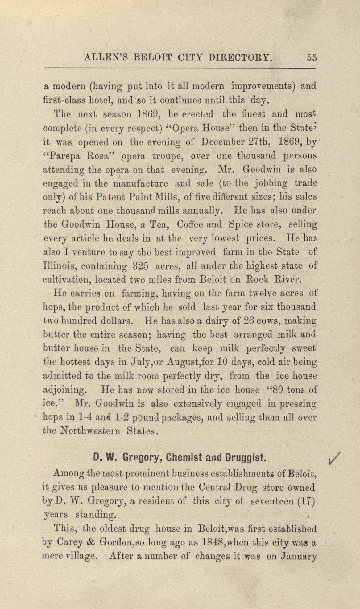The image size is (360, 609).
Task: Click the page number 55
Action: click(x=312, y=58)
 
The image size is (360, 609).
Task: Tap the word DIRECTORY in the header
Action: click(x=241, y=58)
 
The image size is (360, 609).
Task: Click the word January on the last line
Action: click(x=299, y=557)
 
